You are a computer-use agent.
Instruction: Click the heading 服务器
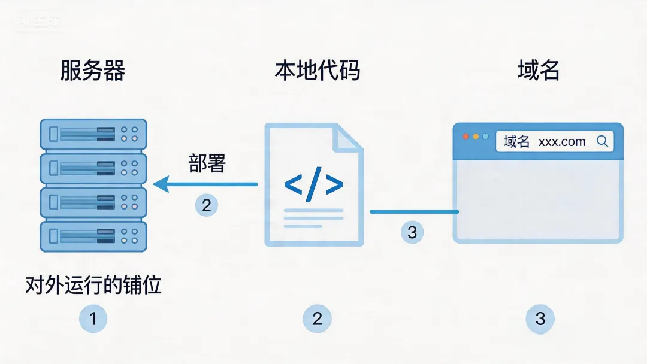[92, 71]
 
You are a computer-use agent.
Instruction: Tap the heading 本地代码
[317, 71]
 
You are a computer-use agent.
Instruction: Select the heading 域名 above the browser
[538, 71]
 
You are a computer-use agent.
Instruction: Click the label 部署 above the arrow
[207, 163]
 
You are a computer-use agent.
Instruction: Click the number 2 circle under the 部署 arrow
[207, 205]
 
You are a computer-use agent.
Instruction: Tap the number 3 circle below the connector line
[412, 232]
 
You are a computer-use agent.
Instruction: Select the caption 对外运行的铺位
[93, 285]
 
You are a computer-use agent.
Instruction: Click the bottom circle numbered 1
[93, 318]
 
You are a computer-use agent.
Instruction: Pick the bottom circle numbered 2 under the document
[317, 318]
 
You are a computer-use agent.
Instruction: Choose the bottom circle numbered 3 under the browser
[540, 318]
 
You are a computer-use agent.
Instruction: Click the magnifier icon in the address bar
[602, 141]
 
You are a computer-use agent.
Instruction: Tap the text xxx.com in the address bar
[562, 142]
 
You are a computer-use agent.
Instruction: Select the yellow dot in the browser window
[476, 136]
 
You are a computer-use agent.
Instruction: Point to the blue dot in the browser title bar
[485, 136]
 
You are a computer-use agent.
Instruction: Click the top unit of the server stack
[93, 135]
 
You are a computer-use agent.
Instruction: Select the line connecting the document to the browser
[413, 212]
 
